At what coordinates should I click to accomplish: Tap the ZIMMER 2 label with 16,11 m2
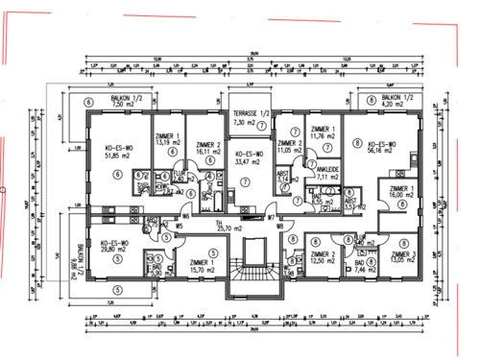pos(201,147)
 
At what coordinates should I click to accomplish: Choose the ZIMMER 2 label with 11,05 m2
pos(289,147)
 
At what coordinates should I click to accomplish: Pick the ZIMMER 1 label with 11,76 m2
pos(323,133)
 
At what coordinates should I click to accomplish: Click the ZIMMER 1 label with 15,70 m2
pos(202,266)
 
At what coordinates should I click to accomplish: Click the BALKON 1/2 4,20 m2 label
pos(396,102)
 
